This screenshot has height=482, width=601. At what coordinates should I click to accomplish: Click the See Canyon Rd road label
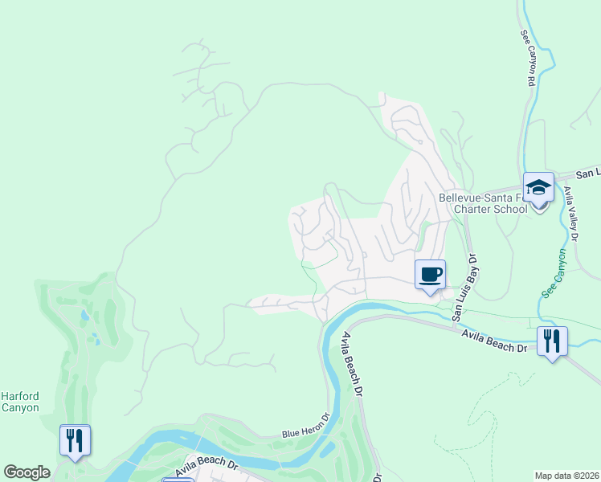529,58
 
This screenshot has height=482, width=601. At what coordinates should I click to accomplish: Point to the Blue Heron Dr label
306,427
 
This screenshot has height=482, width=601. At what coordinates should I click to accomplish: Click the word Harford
19,396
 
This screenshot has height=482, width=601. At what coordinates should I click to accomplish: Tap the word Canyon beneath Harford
19,407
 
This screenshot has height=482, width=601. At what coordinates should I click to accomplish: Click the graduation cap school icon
538,188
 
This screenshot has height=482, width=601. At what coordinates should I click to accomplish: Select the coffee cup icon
430,275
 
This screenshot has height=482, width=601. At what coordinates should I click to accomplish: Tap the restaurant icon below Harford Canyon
75,440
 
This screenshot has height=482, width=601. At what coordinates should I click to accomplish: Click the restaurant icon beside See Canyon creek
552,341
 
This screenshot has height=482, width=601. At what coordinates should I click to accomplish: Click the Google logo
27,472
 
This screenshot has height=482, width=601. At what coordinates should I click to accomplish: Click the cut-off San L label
588,173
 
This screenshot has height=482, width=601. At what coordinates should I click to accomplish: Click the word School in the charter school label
511,209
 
